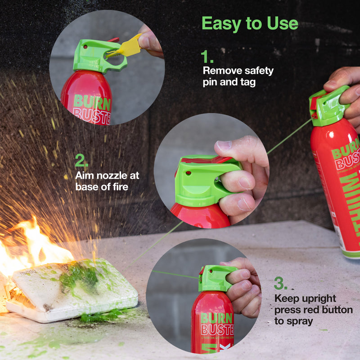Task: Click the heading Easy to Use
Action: click(249, 23)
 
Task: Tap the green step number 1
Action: click(207, 57)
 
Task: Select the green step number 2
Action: click(81, 161)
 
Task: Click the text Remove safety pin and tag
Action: click(238, 76)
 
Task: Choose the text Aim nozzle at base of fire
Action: click(107, 180)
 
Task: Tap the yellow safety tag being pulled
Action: click(129, 46)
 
